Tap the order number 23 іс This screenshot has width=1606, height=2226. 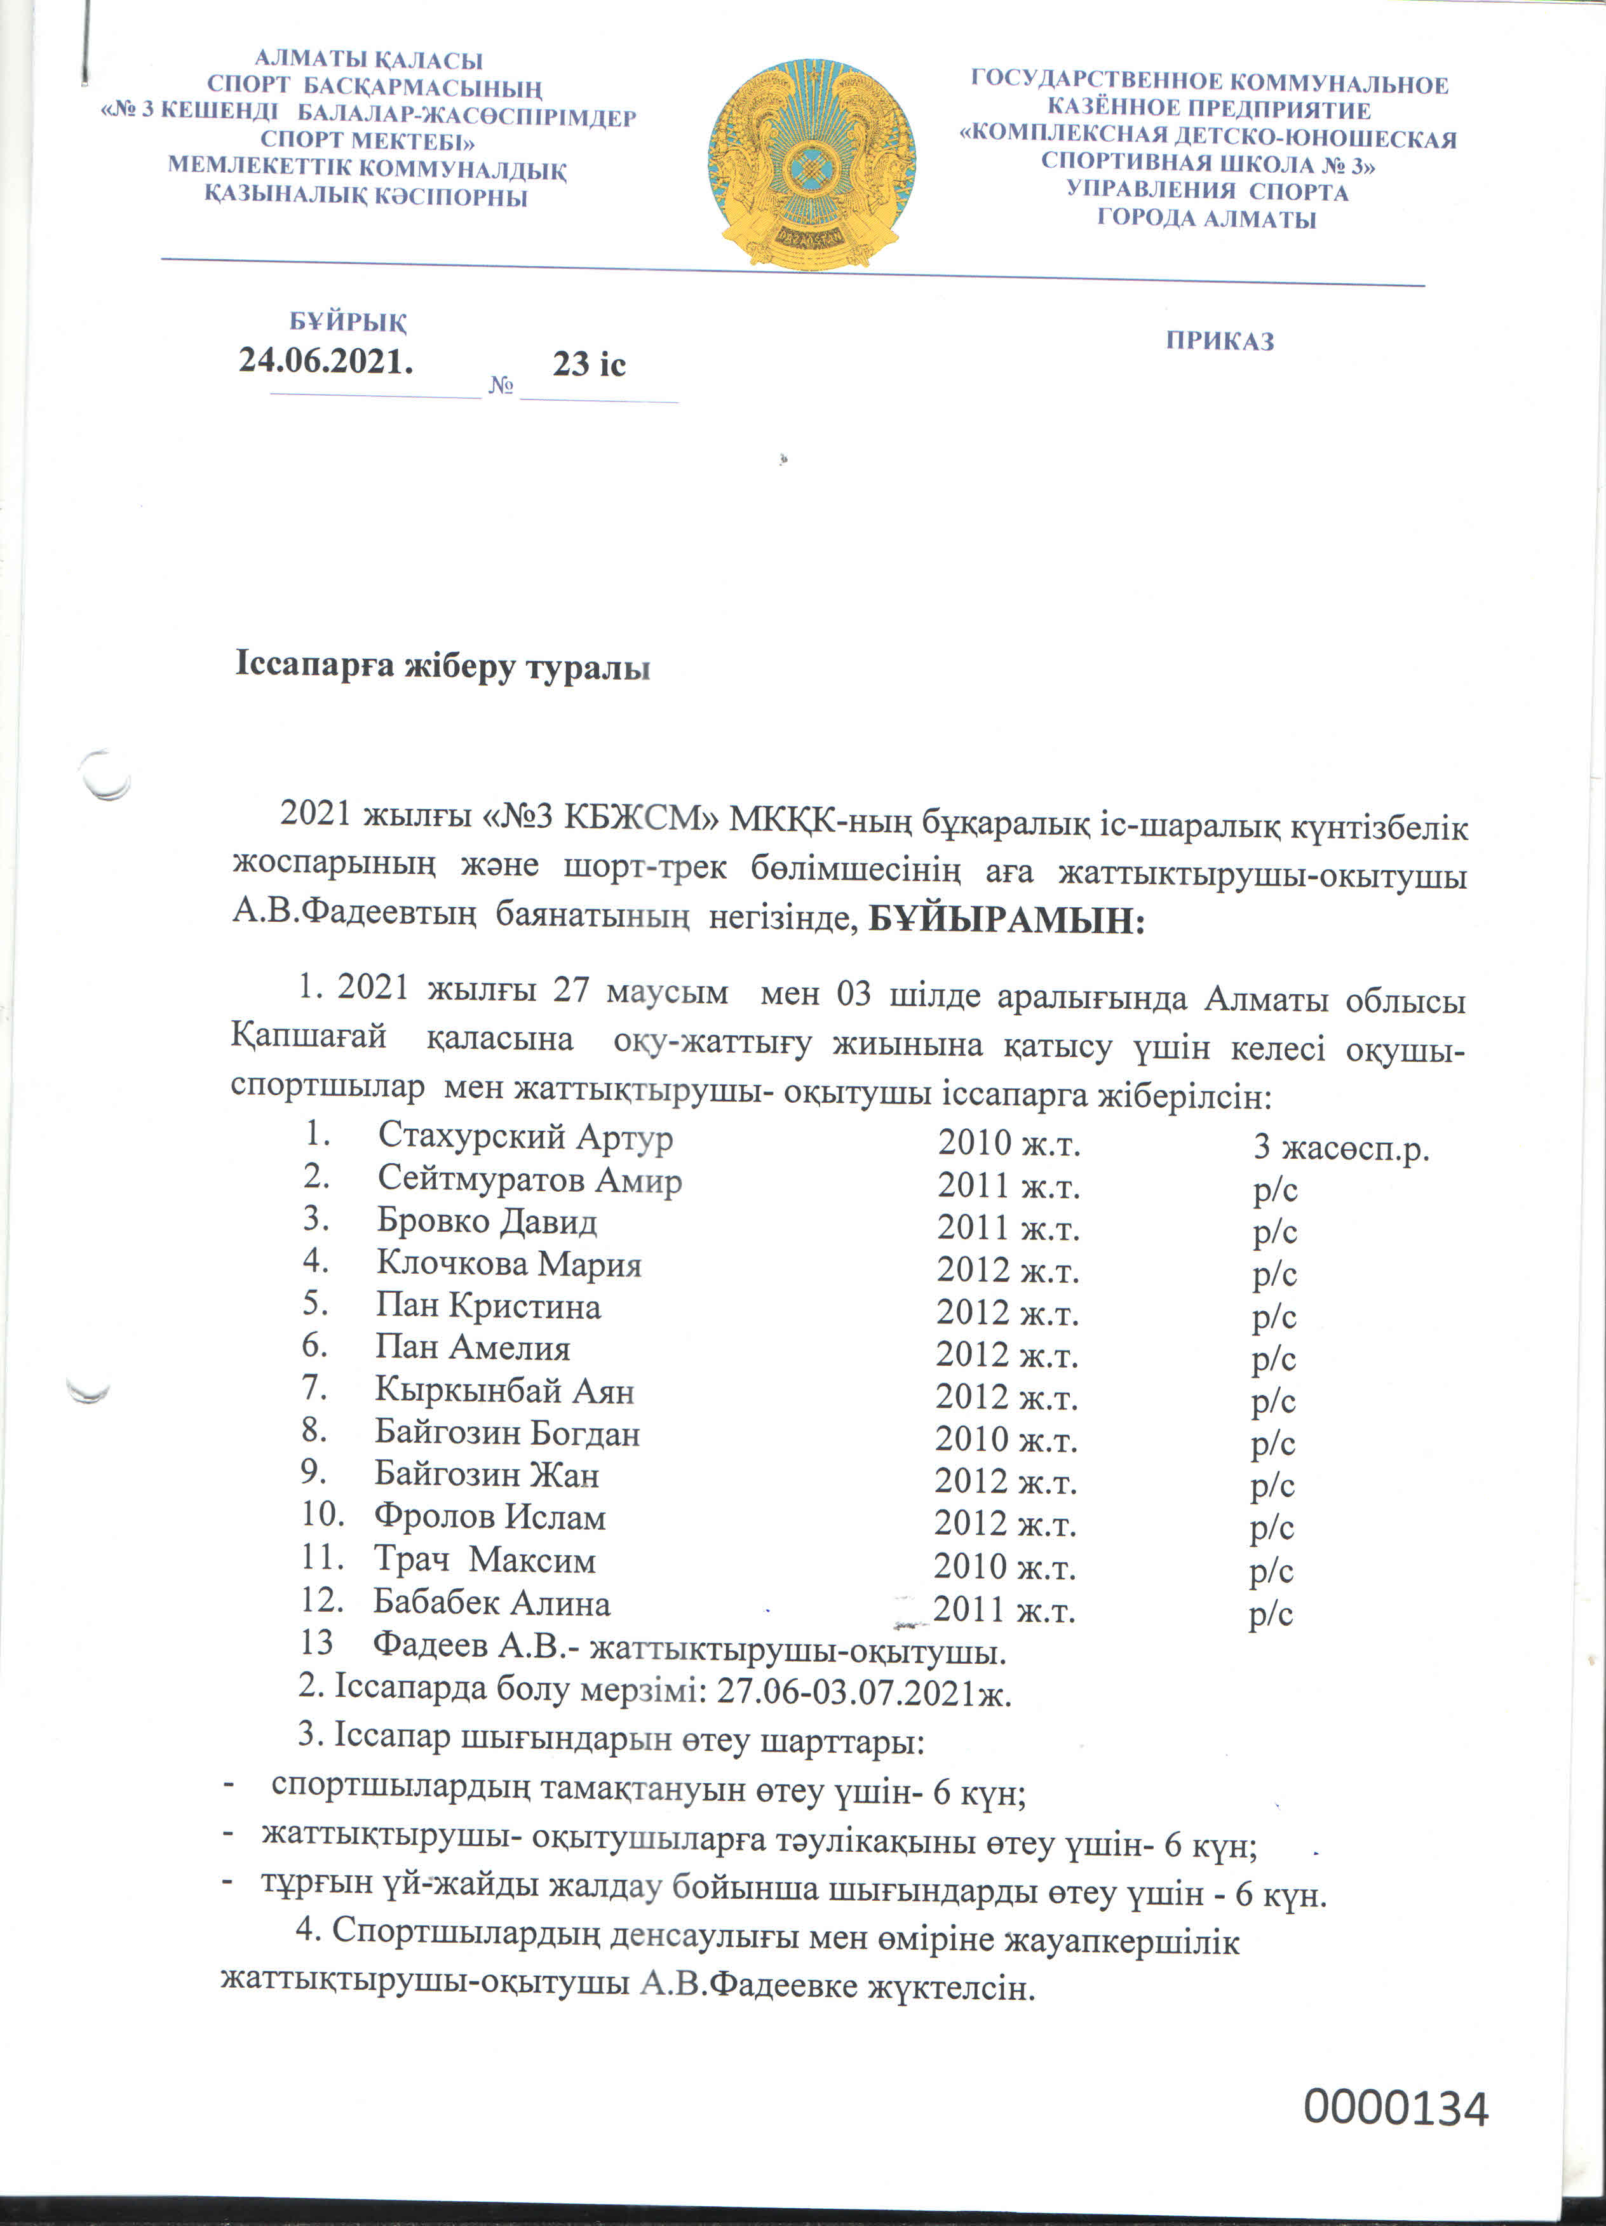588,364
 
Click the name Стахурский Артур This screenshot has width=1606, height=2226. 525,1137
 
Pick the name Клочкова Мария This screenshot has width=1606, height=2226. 508,1264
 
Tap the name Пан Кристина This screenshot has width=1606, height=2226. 488,1306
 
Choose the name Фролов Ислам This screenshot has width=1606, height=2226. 489,1518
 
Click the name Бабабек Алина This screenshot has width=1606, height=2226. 491,1603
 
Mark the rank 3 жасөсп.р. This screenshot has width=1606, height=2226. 1341,1147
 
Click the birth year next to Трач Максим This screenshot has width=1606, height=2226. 1004,1567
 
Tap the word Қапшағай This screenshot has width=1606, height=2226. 309,1036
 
